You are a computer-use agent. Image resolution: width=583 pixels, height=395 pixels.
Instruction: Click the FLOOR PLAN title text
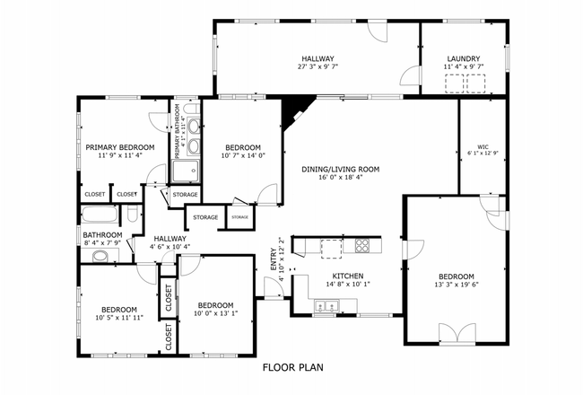coord(292,367)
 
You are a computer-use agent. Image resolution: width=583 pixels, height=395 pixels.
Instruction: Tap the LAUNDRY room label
coord(465,57)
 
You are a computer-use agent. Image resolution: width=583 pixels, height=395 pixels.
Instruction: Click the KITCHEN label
coord(347,276)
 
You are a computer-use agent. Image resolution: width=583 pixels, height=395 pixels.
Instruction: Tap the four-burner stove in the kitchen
coord(362,244)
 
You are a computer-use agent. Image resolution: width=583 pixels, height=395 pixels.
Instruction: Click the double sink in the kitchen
coord(324,308)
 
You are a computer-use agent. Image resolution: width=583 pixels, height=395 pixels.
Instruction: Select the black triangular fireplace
coord(293,112)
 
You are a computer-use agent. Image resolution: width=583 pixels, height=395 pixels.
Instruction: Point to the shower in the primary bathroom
coord(187,171)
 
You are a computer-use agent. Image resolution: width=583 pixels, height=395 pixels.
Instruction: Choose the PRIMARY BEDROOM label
coord(120,147)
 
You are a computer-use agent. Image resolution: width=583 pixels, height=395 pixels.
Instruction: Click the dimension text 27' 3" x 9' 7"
coord(318,66)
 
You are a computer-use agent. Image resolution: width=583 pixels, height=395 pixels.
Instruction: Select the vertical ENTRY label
coord(274,260)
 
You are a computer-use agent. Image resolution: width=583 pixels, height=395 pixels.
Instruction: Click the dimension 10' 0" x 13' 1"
coord(216,313)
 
